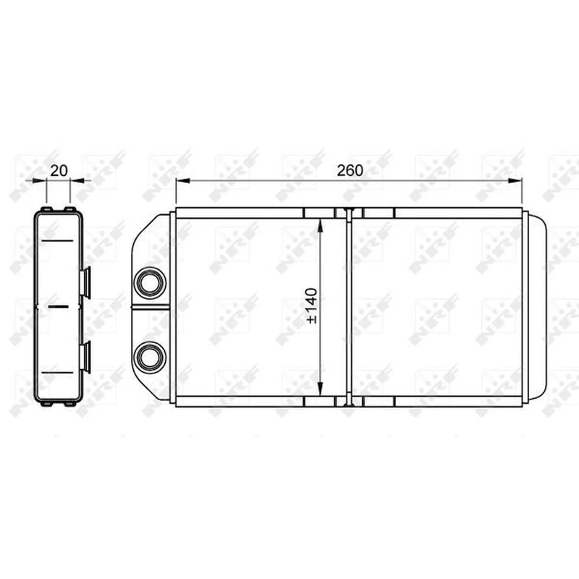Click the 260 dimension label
[350, 170]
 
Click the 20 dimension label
[59, 171]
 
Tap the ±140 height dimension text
[312, 305]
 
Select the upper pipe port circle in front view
[150, 283]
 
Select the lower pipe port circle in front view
[150, 357]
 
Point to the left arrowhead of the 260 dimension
[183, 180]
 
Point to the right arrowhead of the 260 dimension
[515, 180]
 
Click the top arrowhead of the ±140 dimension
[320, 225]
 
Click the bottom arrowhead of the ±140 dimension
[320, 389]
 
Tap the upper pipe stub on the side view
[85, 283]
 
